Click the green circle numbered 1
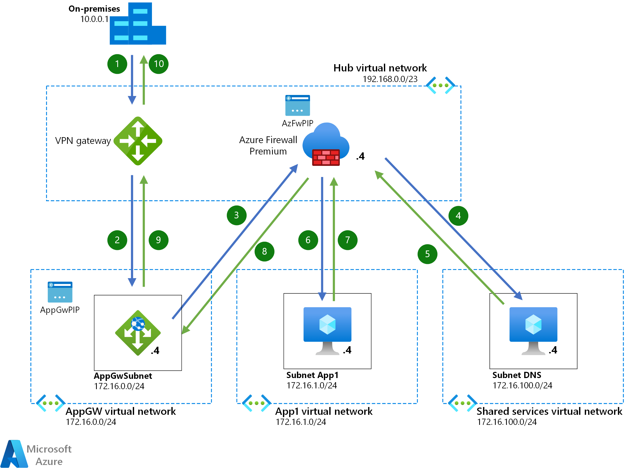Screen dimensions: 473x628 [x=117, y=64]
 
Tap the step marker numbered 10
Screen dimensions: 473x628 [x=158, y=64]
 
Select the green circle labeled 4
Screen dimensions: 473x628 [x=458, y=216]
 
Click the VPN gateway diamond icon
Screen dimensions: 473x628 [x=138, y=141]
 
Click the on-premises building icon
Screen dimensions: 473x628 [x=138, y=24]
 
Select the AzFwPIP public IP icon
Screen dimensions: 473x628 [x=297, y=105]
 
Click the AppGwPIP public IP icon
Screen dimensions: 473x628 [x=60, y=292]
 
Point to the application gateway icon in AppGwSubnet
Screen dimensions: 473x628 [x=138, y=332]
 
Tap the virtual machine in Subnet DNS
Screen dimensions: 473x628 [x=533, y=330]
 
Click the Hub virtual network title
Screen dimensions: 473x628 [x=380, y=68]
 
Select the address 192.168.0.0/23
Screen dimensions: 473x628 [x=390, y=79]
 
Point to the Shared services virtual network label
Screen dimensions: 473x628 [x=549, y=411]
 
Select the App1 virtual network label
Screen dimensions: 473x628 [x=324, y=411]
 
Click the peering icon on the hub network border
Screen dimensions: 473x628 [x=440, y=85]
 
